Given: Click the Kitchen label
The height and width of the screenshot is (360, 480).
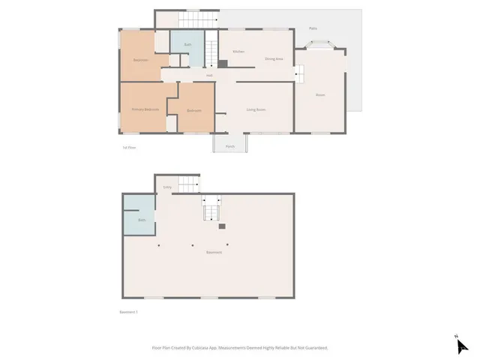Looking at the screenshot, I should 238,52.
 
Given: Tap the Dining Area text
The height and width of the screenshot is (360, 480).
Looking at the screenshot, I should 274,58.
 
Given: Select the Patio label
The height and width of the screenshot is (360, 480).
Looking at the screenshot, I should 313,28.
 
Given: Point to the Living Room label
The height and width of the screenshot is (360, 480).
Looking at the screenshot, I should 256,110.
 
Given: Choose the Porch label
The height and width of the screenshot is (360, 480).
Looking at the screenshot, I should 230,146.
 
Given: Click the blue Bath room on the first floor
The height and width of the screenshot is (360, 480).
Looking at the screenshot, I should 187,47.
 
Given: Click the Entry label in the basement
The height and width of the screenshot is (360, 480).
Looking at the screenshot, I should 167,187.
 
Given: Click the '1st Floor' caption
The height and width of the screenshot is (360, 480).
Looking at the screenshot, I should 129,148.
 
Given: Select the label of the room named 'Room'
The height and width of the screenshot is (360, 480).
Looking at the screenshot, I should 320,95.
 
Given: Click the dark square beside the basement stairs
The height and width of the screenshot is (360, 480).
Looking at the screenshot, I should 222,225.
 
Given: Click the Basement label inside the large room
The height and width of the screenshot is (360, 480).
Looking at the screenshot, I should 214,252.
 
